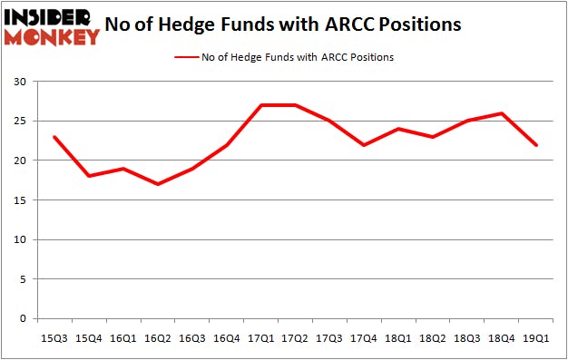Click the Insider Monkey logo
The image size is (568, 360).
(x=52, y=27)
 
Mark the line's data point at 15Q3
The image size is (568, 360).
(x=55, y=137)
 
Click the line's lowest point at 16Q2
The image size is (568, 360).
(x=158, y=184)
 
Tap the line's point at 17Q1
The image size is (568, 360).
(x=261, y=105)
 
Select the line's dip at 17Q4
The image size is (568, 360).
(x=364, y=145)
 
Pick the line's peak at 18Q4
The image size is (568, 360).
(x=502, y=113)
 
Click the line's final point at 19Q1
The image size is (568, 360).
(x=536, y=145)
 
